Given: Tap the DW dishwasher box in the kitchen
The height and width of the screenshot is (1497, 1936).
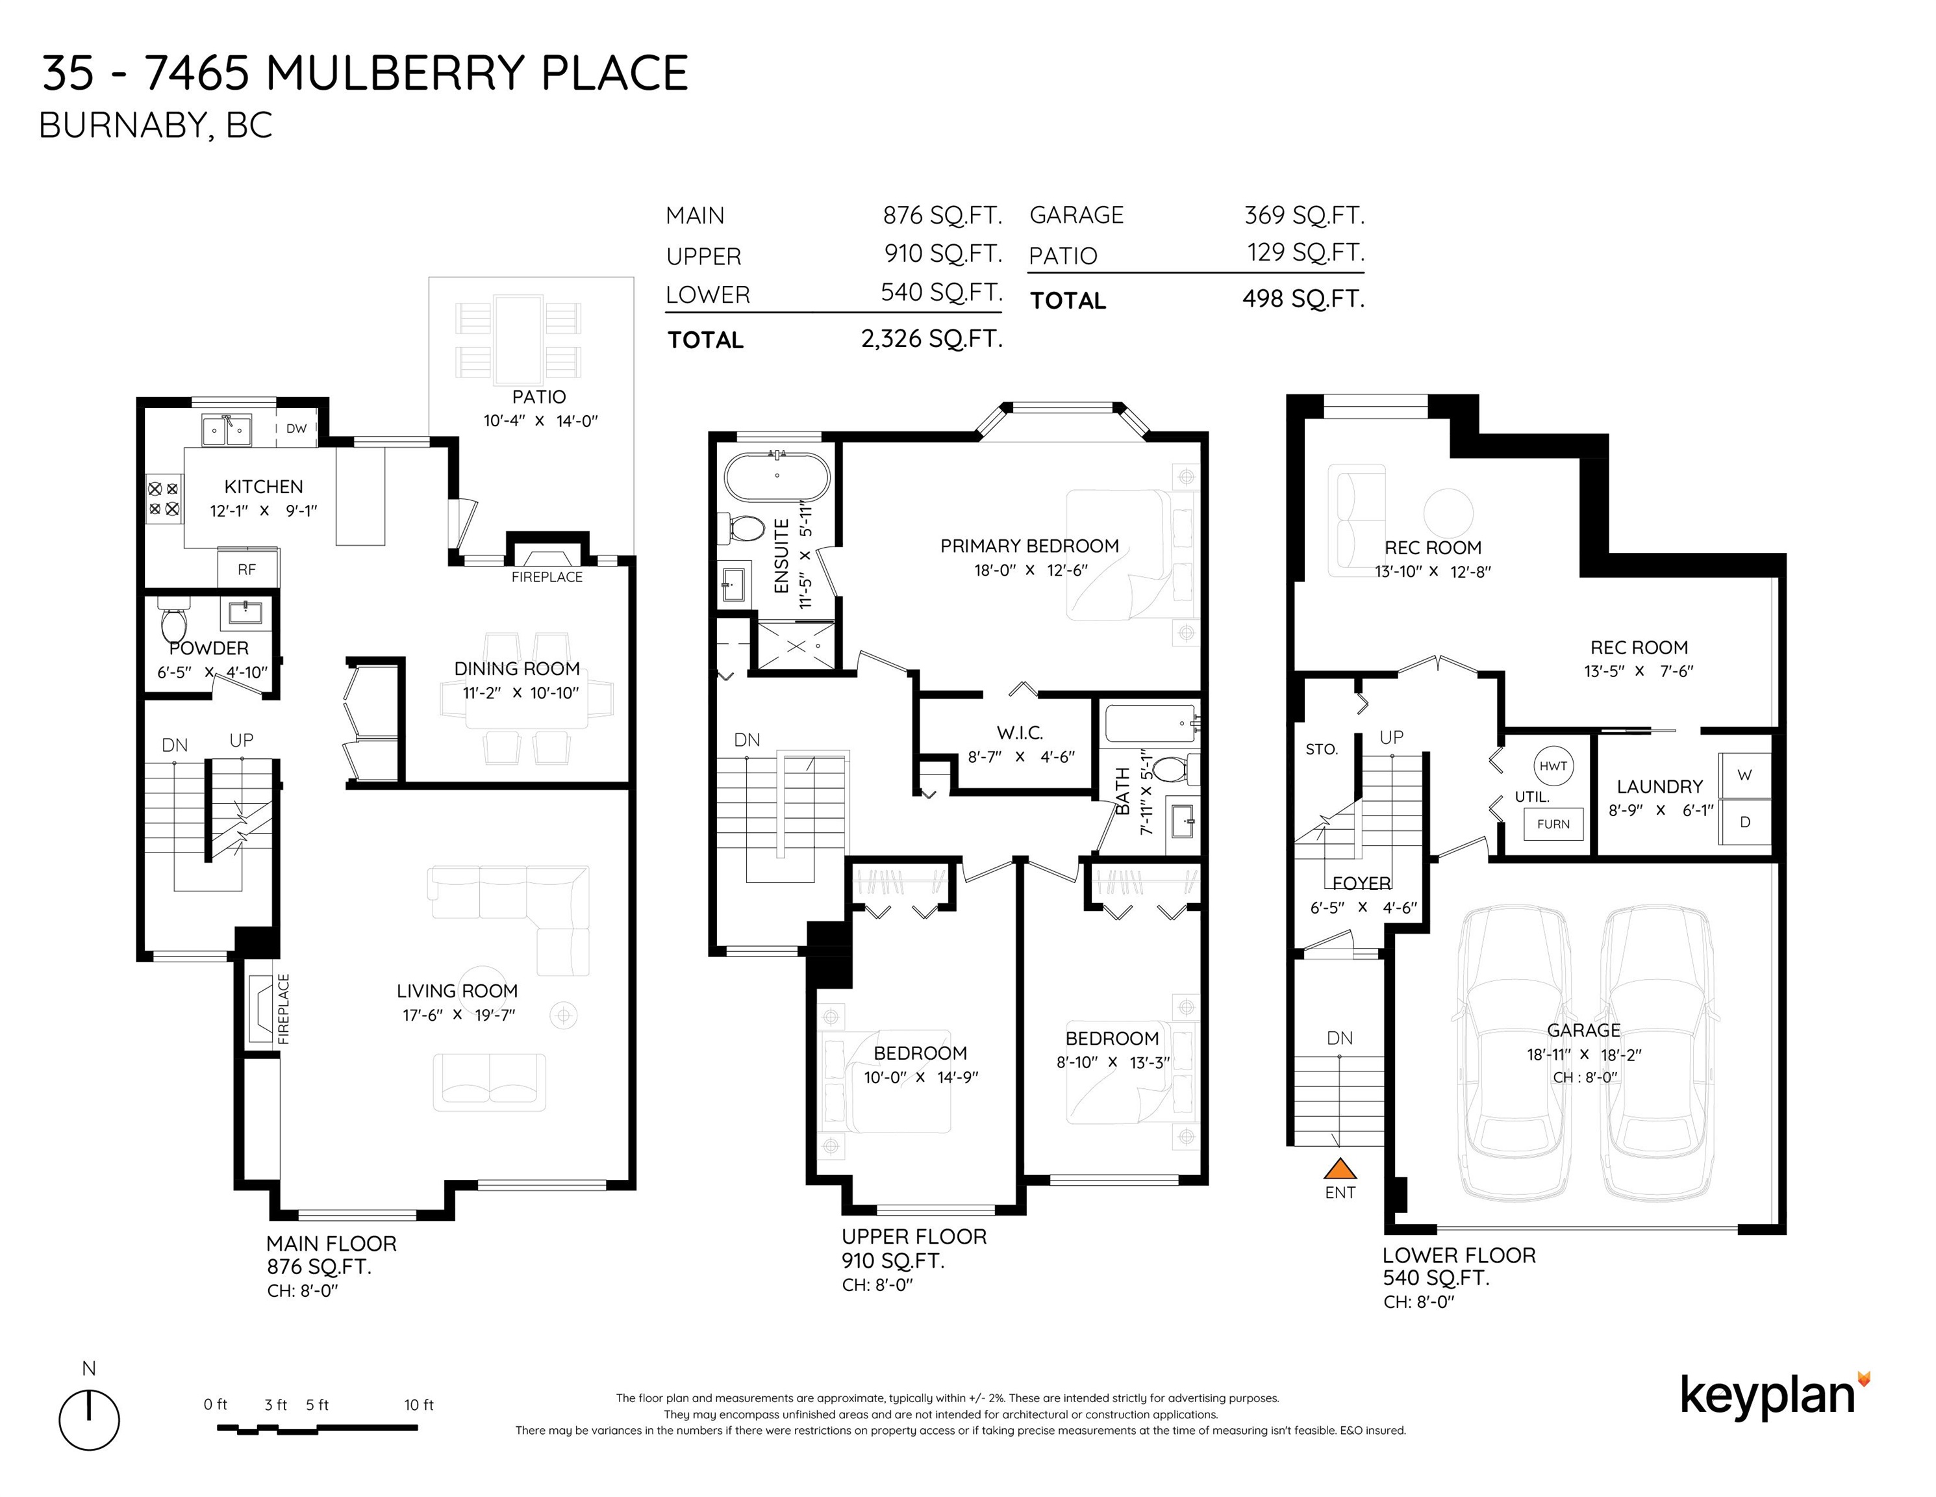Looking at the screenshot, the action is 296,428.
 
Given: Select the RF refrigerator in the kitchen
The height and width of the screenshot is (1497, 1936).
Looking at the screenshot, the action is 247,569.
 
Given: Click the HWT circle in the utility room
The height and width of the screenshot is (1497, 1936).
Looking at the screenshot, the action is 1553,766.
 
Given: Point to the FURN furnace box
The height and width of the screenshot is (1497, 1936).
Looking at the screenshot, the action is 1553,824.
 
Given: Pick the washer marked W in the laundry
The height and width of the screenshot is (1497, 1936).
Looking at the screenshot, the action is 1744,775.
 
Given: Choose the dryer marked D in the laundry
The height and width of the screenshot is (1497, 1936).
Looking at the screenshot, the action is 1744,822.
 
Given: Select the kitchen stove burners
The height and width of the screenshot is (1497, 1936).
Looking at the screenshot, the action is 163,498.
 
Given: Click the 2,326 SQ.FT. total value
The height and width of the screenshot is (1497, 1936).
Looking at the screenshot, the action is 932,339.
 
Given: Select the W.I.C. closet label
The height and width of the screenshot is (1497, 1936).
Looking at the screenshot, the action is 1020,732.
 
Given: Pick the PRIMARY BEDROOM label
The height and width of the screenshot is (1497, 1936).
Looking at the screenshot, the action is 1029,546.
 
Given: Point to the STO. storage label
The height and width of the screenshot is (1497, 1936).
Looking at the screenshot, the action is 1321,749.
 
